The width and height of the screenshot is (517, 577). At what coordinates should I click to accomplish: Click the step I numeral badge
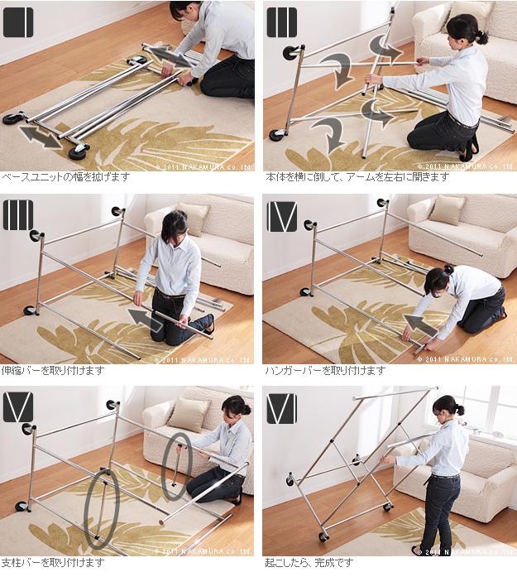[x=18, y=22]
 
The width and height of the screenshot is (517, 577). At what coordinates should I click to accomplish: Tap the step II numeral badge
[x=282, y=22]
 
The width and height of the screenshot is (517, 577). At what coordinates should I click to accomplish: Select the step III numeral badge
[x=18, y=215]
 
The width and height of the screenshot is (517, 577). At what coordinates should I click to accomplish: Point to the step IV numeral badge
[x=282, y=217]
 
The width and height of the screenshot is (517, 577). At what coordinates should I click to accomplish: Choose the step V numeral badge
[x=18, y=407]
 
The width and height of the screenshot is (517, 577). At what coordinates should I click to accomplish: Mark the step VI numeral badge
[x=282, y=408]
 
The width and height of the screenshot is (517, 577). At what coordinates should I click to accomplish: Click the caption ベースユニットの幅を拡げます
[x=66, y=177]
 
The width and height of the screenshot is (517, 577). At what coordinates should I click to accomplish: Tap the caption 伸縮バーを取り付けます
[x=53, y=370]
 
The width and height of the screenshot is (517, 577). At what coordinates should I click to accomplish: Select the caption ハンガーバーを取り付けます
[x=325, y=370]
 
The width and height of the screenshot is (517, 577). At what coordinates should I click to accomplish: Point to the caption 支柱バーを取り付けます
[x=53, y=563]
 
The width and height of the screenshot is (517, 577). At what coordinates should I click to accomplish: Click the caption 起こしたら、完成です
[x=309, y=563]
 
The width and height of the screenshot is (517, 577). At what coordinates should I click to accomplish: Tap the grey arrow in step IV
[x=420, y=325]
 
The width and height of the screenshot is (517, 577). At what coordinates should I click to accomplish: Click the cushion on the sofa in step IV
[x=447, y=210]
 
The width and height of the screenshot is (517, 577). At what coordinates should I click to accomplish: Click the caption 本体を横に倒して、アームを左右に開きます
[x=357, y=177]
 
